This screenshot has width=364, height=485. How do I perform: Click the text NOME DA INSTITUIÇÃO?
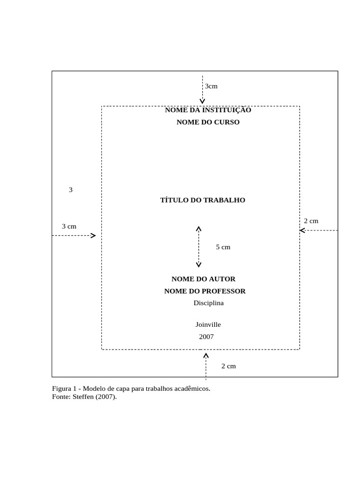pyautogui.click(x=208, y=110)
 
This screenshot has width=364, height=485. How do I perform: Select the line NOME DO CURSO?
pyautogui.click(x=208, y=122)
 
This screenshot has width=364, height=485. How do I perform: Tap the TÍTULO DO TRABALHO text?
pyautogui.click(x=202, y=200)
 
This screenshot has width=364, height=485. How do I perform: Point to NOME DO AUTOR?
pyautogui.click(x=203, y=279)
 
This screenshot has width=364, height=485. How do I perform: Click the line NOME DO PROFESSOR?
pyautogui.click(x=205, y=291)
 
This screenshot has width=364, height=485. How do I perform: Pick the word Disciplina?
pyautogui.click(x=208, y=303)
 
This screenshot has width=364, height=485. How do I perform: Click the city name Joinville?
pyautogui.click(x=208, y=325)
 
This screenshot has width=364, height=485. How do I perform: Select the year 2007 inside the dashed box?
pyautogui.click(x=206, y=337)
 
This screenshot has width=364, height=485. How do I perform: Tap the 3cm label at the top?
pyautogui.click(x=211, y=86)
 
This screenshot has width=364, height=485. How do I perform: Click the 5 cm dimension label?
pyautogui.click(x=223, y=247)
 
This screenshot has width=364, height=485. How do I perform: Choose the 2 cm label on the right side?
pyautogui.click(x=311, y=221)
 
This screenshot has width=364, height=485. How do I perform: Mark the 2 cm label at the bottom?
pyautogui.click(x=228, y=366)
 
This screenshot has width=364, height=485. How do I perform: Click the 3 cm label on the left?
pyautogui.click(x=69, y=226)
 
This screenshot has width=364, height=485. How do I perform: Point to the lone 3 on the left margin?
pyautogui.click(x=71, y=190)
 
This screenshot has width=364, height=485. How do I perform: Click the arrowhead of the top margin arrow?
pyautogui.click(x=202, y=101)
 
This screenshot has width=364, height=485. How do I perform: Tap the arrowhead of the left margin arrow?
pyautogui.click(x=93, y=235)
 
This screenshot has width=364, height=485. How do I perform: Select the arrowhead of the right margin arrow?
pyautogui.click(x=302, y=231)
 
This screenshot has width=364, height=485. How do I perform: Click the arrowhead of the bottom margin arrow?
pyautogui.click(x=206, y=355)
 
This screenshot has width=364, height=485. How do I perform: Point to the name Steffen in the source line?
pyautogui.click(x=84, y=397)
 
